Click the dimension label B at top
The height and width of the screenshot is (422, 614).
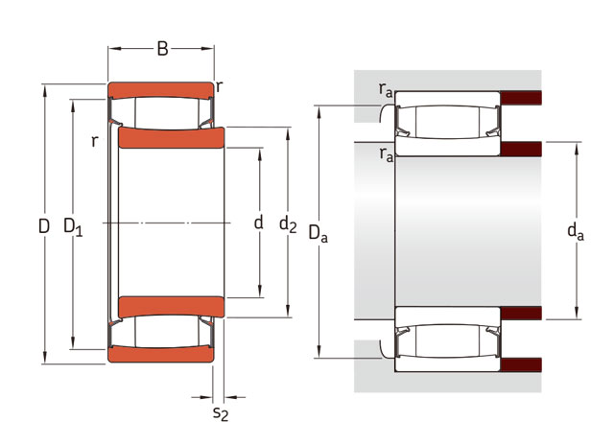[x=162, y=49]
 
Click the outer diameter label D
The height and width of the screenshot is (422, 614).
[x=44, y=226]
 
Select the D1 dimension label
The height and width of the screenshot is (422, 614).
[x=73, y=227]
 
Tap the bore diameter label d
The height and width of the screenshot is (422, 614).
[x=258, y=222]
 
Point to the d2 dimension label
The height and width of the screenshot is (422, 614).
[x=288, y=224]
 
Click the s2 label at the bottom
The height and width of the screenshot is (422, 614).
[x=221, y=413]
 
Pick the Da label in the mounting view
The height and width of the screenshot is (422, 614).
[x=318, y=234]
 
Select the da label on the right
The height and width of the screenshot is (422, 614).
[x=576, y=231]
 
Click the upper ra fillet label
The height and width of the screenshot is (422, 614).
[x=386, y=90]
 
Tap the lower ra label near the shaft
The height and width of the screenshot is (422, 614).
[x=386, y=154]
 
